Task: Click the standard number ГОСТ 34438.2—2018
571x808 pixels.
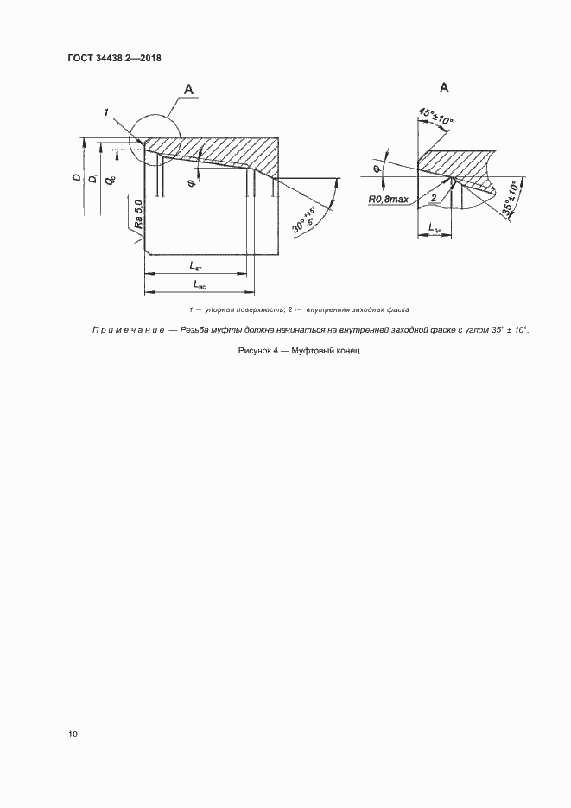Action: click(x=115, y=59)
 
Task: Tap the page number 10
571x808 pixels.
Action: click(x=73, y=735)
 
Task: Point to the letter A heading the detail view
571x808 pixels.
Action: click(x=445, y=88)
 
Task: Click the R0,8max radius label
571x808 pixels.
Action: click(x=390, y=200)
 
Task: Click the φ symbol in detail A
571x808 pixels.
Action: click(x=377, y=169)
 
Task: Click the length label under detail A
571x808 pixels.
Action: click(x=435, y=229)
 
